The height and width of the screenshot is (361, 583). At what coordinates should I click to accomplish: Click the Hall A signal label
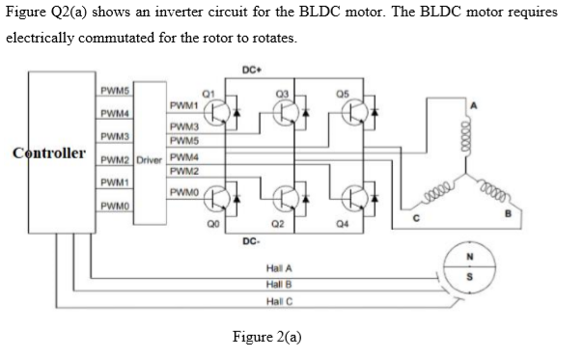point(278,266)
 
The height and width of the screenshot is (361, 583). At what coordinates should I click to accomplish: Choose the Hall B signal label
point(278,284)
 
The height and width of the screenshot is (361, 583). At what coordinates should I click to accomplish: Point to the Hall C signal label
point(278,301)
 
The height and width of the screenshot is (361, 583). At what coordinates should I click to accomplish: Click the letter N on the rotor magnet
point(470,258)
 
